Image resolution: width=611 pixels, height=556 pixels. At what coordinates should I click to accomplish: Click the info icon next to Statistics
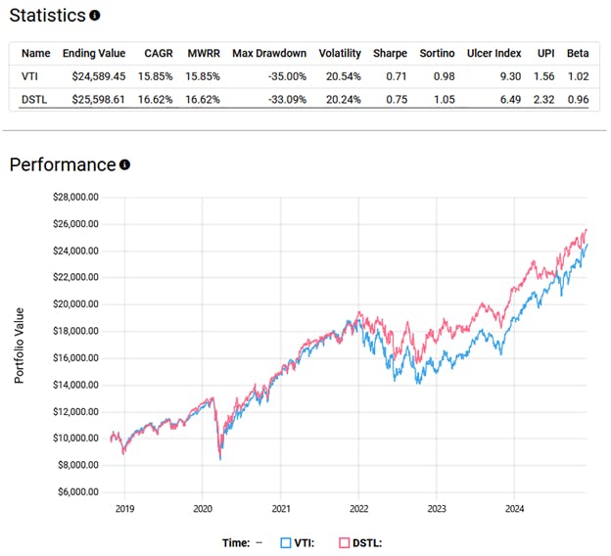[94, 17]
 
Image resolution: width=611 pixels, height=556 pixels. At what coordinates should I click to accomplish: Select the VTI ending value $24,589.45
[93, 74]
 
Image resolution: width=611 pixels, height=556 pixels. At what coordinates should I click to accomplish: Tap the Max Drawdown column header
[268, 53]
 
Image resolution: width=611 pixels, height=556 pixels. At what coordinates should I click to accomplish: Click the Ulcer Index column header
[495, 53]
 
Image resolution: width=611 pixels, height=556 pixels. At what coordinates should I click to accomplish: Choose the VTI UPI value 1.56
[545, 74]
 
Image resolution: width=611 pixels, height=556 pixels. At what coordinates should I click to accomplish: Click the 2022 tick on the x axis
[357, 509]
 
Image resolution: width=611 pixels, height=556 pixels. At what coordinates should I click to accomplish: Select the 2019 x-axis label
[124, 509]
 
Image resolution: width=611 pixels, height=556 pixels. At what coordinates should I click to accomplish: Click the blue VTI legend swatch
[287, 541]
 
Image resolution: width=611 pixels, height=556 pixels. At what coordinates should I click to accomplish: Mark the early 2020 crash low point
[220, 459]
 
